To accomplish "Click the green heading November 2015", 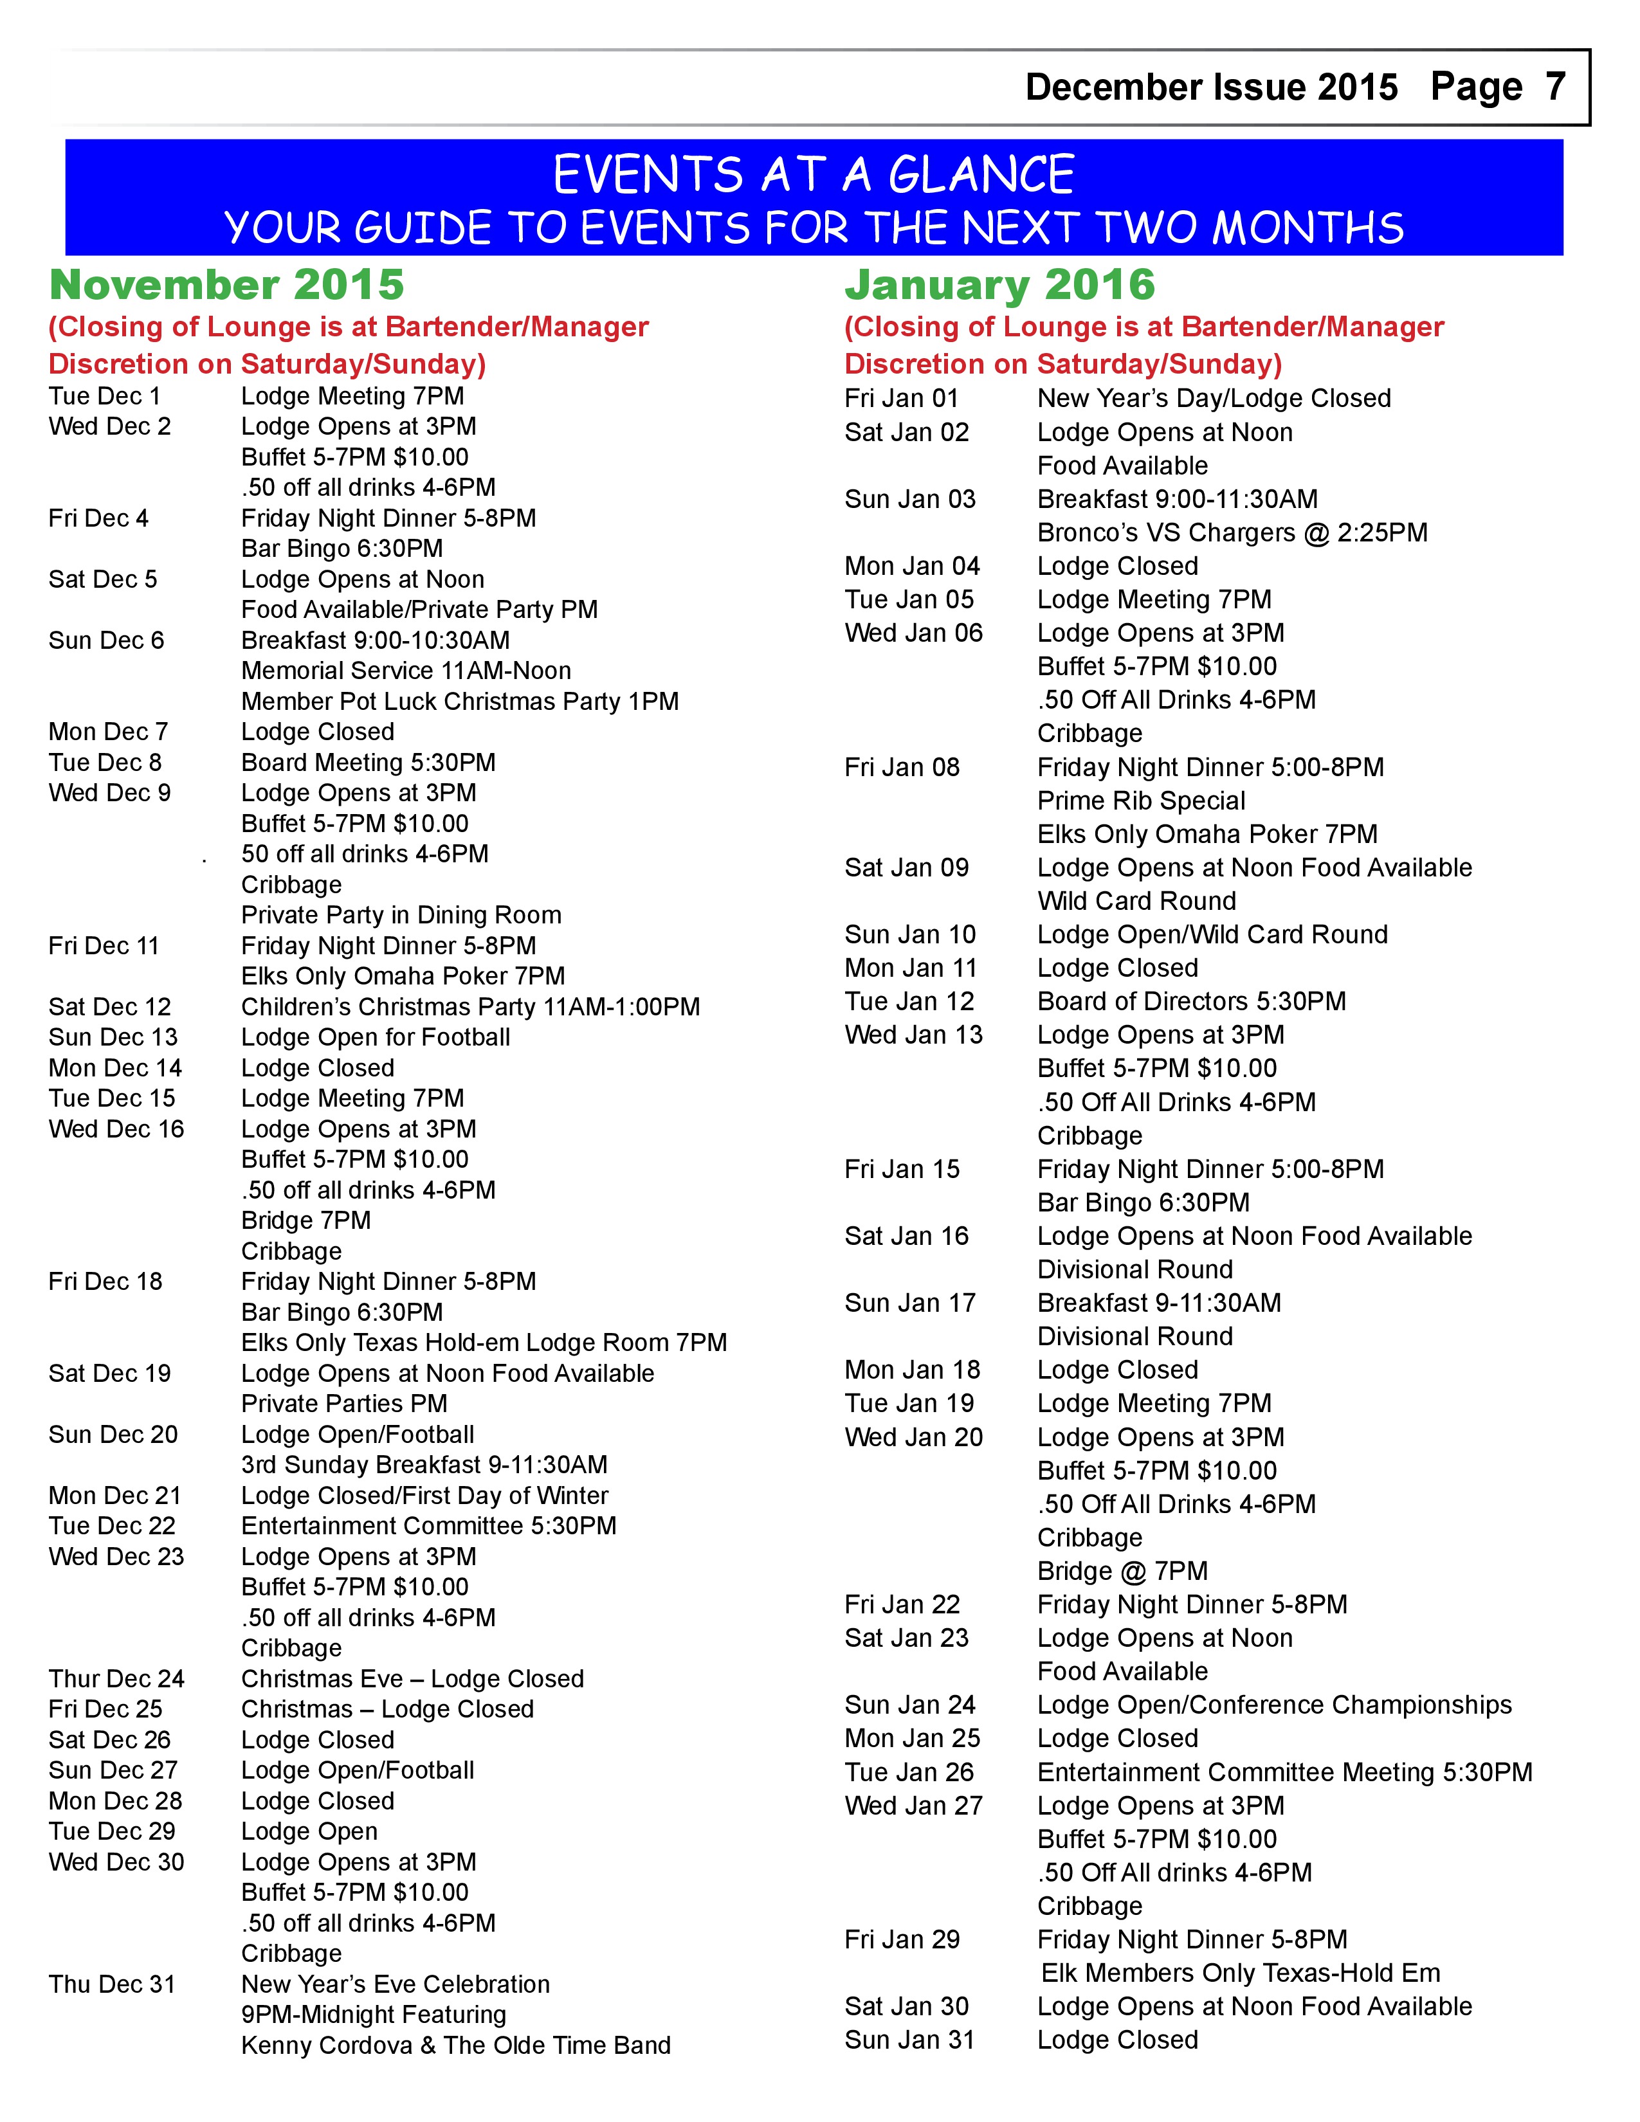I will (226, 286).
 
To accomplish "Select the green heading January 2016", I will (999, 286).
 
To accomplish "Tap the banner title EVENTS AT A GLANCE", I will (813, 176).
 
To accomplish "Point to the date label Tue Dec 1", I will (105, 396).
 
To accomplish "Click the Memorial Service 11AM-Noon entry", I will (406, 671).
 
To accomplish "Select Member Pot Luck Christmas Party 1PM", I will (460, 702).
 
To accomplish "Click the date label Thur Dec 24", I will (116, 1679).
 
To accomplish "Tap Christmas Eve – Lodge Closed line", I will (413, 1679).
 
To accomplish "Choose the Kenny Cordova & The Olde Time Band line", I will (456, 2045).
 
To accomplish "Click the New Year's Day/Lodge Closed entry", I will (1214, 399).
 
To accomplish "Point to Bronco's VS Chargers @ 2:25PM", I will (1232, 532).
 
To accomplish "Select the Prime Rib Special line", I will (1141, 801).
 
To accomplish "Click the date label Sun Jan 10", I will (909, 935).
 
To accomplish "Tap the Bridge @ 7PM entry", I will (1122, 1571).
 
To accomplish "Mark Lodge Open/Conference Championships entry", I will (1273, 1705).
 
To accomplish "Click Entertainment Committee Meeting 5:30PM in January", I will (1284, 1772).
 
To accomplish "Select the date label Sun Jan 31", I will (908, 2040).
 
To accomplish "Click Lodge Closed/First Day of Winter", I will (424, 1495).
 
